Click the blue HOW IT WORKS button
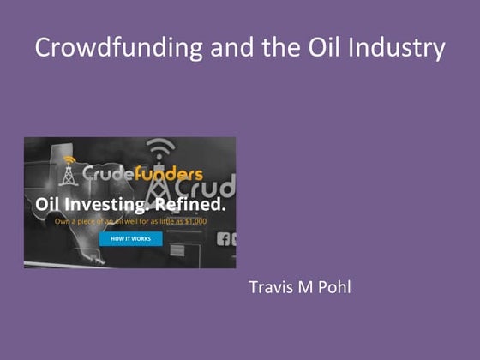pyautogui.click(x=130, y=239)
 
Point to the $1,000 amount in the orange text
pyautogui.click(x=209, y=220)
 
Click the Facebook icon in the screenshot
pyautogui.click(x=225, y=239)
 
